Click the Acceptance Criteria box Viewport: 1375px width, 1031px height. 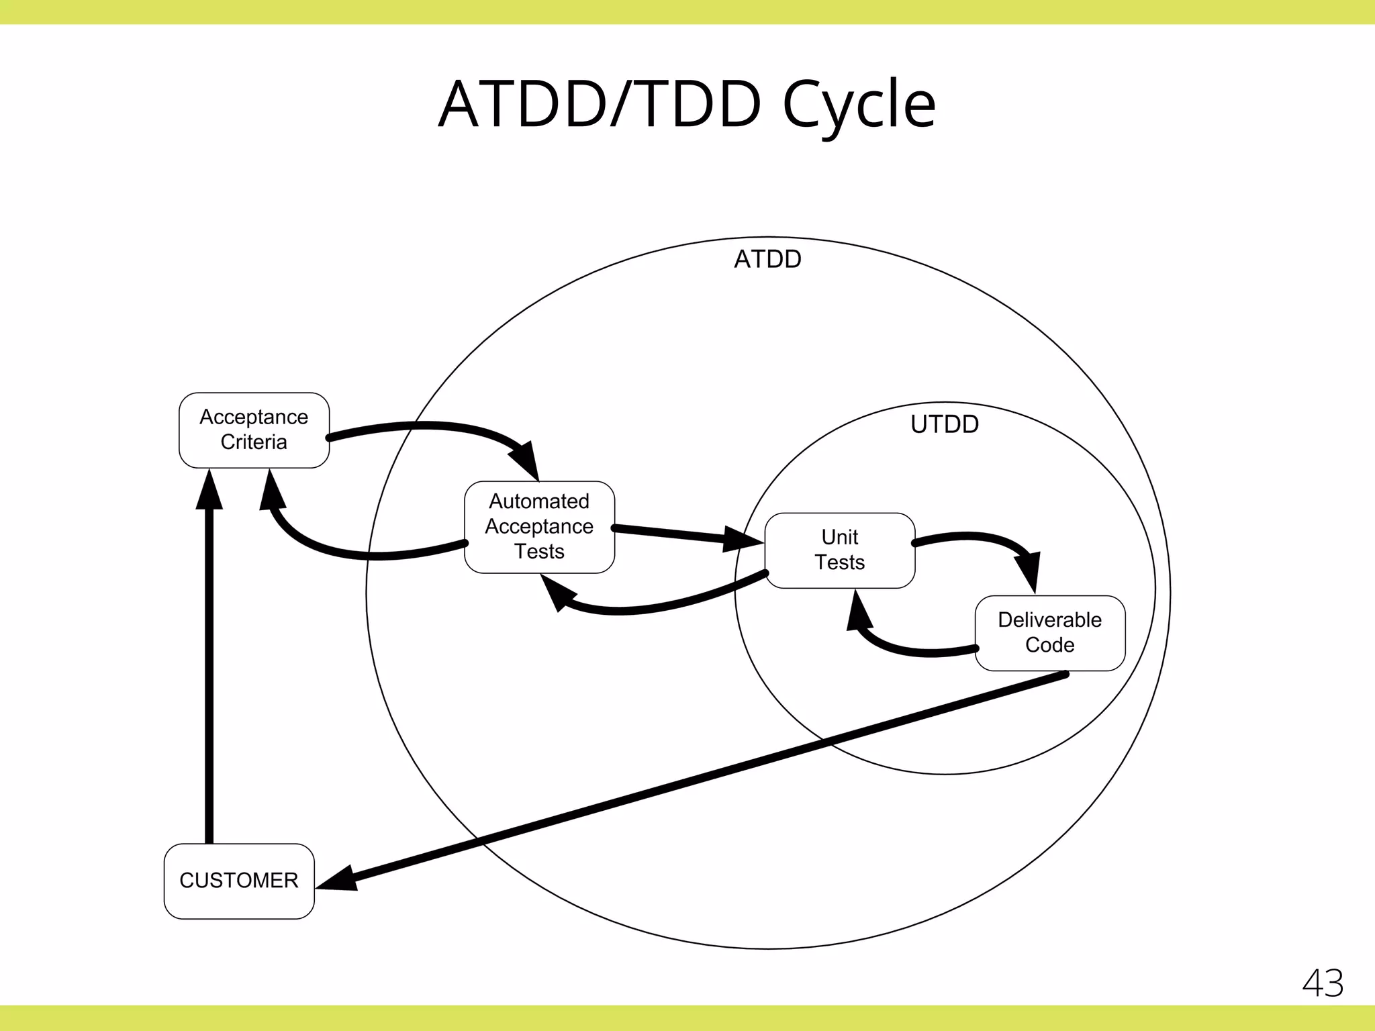point(254,430)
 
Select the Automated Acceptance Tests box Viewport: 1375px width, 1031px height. point(539,527)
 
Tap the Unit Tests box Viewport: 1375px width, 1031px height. point(839,550)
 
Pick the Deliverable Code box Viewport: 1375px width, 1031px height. point(1049,633)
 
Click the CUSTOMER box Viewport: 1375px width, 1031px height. point(239,881)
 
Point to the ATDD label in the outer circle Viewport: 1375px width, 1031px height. point(767,259)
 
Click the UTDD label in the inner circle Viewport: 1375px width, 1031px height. point(944,424)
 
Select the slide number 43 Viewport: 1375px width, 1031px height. point(1323,984)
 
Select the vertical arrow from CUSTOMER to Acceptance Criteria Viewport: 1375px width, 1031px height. point(209,671)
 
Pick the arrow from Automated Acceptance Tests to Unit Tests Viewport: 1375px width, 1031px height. point(678,534)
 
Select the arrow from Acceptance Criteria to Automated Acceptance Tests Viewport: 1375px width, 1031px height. point(430,426)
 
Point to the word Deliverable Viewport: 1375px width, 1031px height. point(1049,620)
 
